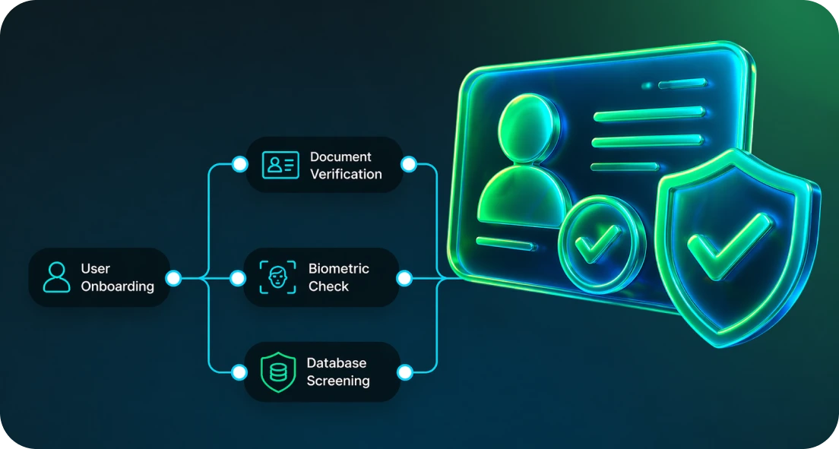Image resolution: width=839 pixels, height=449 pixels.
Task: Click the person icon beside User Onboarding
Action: [57, 277]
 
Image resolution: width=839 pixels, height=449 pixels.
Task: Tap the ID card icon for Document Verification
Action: [280, 165]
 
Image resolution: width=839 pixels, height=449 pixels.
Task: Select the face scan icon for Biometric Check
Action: [277, 277]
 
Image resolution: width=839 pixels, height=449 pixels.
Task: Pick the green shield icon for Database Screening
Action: [278, 372]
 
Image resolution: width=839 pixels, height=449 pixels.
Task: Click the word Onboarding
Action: [117, 287]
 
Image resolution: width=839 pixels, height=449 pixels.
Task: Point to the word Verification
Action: [347, 174]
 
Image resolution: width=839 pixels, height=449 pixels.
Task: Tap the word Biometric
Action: [339, 268]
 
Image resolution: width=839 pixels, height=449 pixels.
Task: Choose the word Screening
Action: [338, 381]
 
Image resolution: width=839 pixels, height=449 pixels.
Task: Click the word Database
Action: [337, 363]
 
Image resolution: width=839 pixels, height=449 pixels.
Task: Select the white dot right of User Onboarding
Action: [173, 278]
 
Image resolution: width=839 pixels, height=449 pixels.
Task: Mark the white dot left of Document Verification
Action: [239, 164]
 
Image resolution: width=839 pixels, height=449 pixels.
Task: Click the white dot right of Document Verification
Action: [409, 164]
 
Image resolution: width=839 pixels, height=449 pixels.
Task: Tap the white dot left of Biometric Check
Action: [238, 278]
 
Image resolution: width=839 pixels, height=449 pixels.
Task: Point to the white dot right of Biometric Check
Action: [404, 278]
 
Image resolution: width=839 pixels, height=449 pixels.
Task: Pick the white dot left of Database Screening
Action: [239, 372]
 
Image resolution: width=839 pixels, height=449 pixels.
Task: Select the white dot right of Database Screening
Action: [405, 372]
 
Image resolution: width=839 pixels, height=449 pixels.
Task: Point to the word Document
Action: [340, 157]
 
